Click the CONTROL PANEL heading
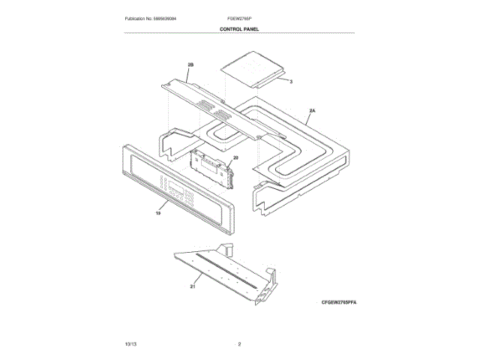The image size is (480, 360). coord(239,29)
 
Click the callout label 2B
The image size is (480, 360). coord(190,65)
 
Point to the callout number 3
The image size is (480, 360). coord(291,80)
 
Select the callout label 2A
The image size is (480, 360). coord(312,110)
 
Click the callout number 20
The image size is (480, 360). coord(235,158)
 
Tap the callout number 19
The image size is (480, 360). coord(158,214)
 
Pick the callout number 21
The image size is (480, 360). coord(193,286)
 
